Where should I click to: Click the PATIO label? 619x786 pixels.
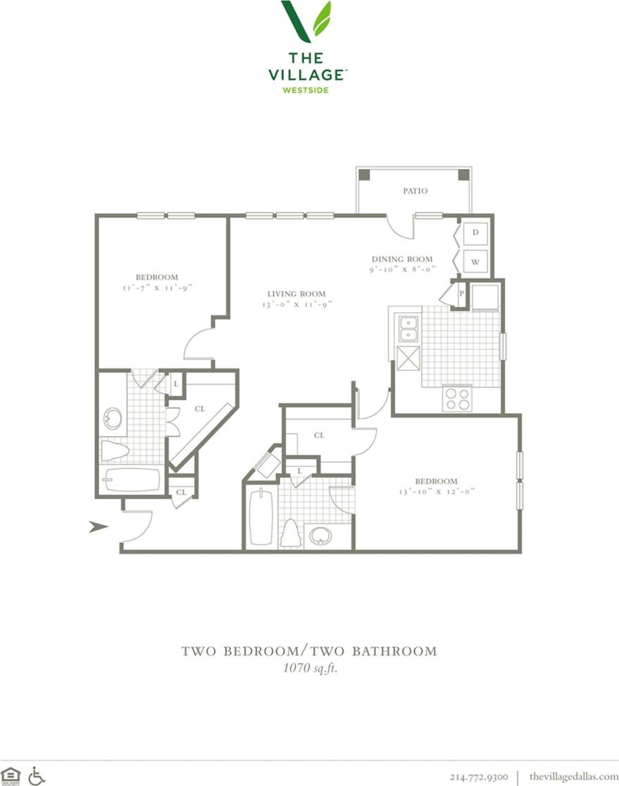point(415,191)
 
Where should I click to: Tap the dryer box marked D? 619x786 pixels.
point(475,232)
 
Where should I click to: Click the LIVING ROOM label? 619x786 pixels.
point(296,294)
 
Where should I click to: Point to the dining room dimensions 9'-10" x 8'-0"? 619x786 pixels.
point(402,269)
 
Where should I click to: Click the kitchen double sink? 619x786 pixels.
point(408,328)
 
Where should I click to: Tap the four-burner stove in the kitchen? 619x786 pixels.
point(457,399)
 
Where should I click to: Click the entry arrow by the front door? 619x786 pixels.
point(98,526)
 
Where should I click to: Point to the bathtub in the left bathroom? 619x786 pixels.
point(132,480)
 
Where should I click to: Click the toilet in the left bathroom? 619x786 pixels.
point(113,450)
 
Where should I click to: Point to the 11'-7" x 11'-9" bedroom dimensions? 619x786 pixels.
point(156,287)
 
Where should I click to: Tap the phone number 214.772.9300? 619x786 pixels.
point(478,775)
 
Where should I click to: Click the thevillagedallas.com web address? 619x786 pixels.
point(573,775)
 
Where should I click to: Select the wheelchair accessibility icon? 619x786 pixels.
point(37,775)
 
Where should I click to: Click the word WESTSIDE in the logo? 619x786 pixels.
point(306,89)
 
